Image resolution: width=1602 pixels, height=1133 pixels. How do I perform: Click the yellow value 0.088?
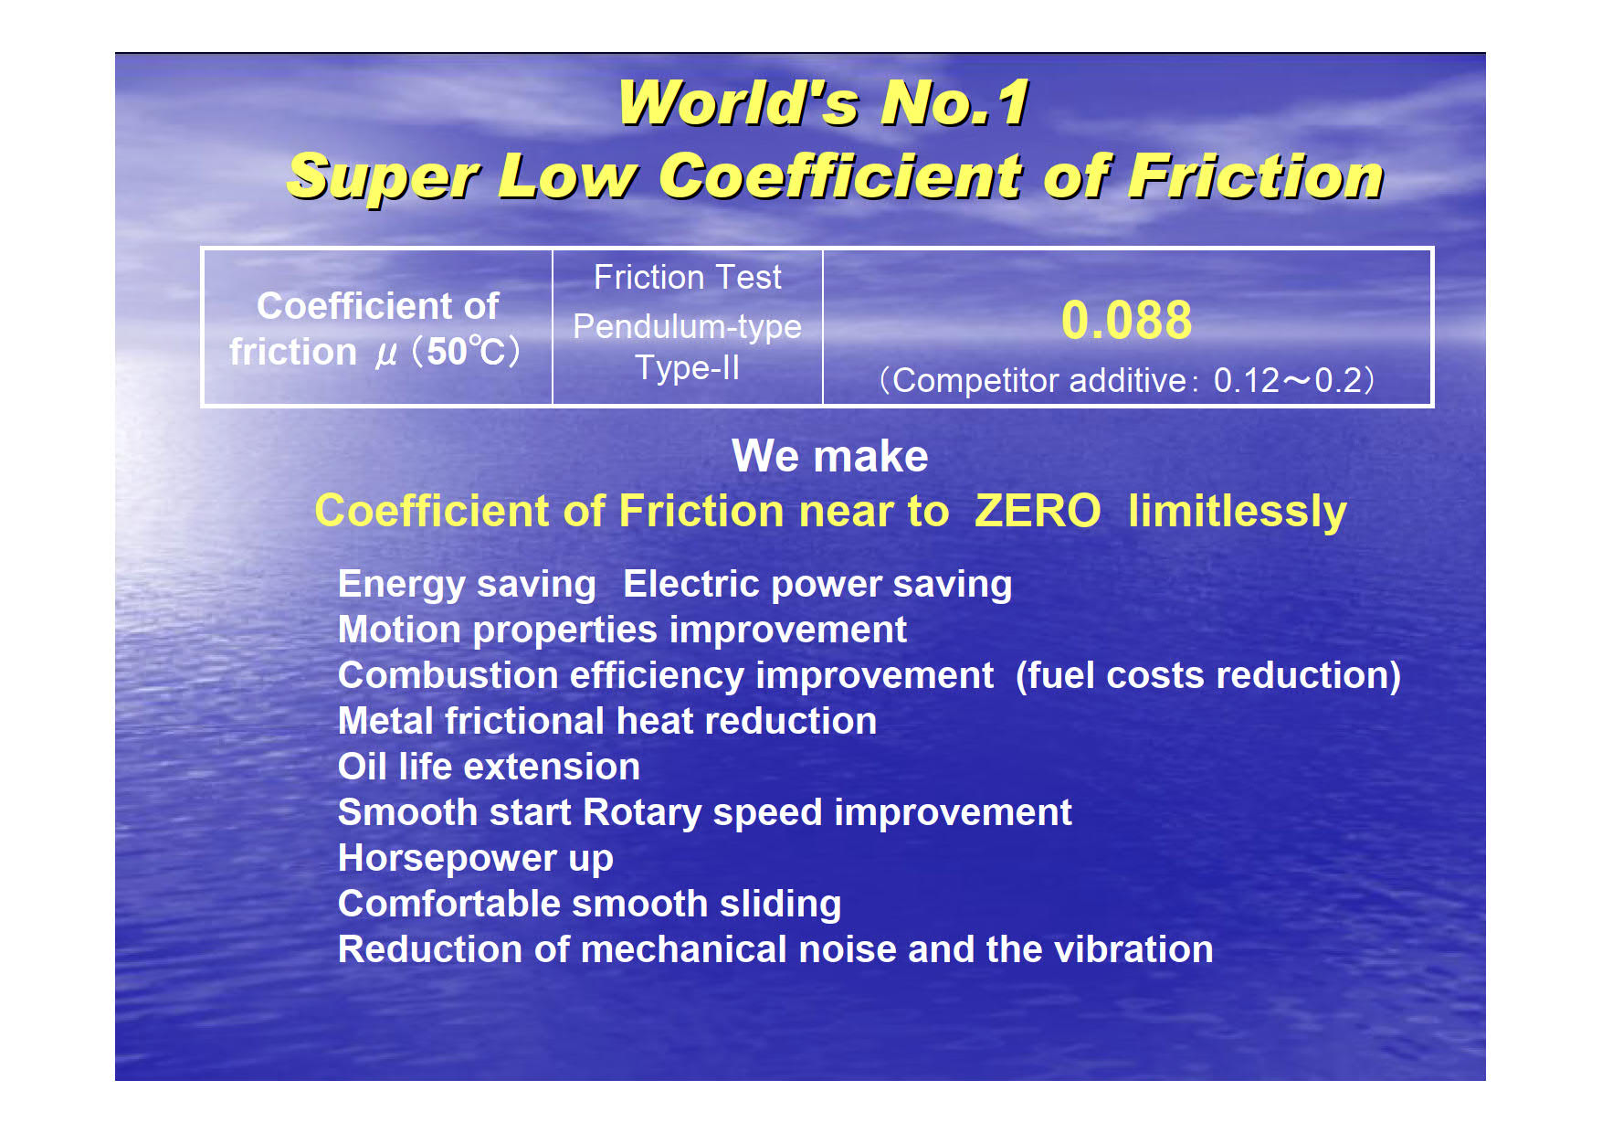point(1126,321)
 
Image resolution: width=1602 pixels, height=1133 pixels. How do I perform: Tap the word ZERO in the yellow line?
point(1038,511)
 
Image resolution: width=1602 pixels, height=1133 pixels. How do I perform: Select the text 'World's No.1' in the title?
point(824,102)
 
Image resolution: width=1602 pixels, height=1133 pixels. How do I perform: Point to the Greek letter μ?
point(386,354)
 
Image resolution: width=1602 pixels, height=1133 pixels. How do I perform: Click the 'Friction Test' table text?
point(688,277)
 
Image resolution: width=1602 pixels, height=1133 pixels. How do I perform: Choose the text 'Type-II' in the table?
point(688,368)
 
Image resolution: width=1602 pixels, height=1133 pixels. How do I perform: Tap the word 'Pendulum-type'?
point(688,327)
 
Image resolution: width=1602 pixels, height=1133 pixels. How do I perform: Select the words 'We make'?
point(830,456)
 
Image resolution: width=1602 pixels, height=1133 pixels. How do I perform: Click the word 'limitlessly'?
point(1238,512)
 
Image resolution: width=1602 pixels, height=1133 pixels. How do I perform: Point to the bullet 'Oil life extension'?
point(489,767)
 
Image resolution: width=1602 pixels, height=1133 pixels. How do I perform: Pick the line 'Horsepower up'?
point(476,859)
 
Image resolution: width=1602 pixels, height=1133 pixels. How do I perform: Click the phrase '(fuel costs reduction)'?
point(1208,676)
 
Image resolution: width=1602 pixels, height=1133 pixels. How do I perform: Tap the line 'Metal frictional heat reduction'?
point(607,721)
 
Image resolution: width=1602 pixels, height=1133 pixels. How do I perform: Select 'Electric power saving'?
point(817,585)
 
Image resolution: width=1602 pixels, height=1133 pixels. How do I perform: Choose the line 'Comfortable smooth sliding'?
point(590,905)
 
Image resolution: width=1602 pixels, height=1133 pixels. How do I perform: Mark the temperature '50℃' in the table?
point(466,352)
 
